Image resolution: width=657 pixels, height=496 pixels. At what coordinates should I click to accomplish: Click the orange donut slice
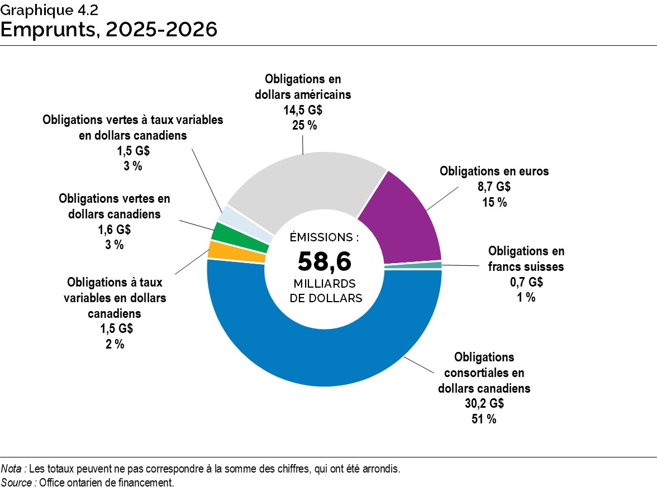[236, 252]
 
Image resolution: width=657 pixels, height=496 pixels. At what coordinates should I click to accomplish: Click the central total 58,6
[325, 261]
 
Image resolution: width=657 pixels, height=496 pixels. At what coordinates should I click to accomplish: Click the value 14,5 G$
[303, 110]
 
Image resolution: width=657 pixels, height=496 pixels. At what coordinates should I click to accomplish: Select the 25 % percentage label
[303, 125]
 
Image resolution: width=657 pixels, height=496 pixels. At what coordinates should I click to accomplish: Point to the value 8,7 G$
[494, 187]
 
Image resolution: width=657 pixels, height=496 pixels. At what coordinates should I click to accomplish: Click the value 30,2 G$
[484, 403]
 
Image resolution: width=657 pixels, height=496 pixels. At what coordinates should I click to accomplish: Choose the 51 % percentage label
[484, 419]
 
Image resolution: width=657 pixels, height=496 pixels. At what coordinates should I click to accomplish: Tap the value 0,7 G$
[526, 282]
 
